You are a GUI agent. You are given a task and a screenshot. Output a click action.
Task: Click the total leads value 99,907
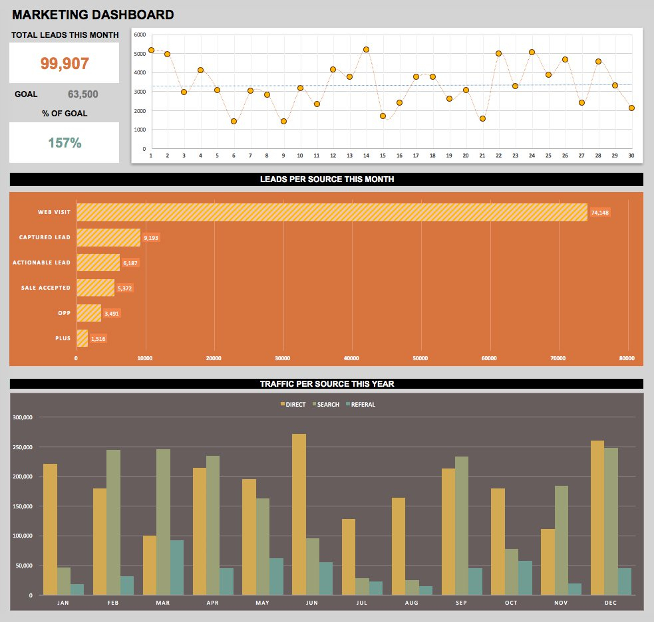65,63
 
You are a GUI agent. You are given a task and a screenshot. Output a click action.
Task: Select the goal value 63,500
82,94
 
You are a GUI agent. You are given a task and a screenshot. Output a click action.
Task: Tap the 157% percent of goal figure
65,142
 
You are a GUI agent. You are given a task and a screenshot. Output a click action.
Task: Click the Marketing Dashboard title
93,14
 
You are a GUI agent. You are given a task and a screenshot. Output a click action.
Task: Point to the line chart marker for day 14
366,49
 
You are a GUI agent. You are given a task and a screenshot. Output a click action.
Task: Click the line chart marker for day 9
283,122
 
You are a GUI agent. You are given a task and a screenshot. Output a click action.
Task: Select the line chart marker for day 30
631,108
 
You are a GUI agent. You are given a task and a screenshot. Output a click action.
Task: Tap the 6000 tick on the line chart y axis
139,35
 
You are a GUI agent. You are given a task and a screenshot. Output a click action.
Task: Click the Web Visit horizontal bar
331,212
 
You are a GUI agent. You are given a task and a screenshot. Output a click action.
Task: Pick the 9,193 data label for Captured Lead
152,237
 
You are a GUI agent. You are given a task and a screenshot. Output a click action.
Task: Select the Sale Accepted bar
95,288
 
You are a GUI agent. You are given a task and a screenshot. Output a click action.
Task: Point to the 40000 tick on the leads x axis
351,358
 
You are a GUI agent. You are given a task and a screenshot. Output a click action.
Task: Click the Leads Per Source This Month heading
327,179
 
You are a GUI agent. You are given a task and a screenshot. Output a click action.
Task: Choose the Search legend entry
327,404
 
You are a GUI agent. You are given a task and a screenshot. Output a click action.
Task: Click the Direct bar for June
299,514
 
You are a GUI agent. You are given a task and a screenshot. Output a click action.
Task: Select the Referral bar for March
177,568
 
